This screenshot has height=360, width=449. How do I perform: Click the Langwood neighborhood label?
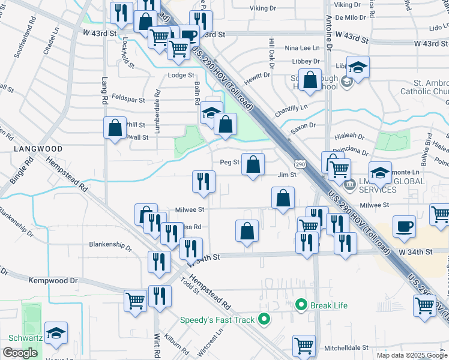[40, 148]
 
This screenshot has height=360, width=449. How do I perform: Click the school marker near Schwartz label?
[56, 334]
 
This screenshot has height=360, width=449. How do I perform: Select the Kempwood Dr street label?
[53, 280]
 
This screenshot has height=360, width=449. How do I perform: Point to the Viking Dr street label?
[263, 8]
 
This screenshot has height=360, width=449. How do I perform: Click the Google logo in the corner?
[20, 353]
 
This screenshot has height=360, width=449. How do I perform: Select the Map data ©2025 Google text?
[412, 355]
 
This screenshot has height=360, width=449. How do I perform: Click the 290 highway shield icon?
[300, 163]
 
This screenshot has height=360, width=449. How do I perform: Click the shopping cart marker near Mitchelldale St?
[304, 346]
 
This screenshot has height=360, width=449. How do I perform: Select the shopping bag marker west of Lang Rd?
[115, 128]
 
